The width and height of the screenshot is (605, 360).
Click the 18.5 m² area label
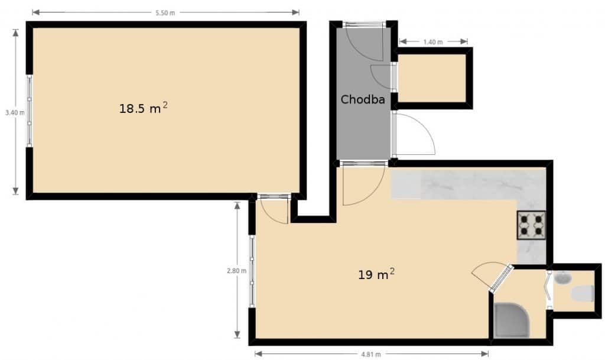coord(143,108)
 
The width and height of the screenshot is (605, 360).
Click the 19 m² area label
coord(376,274)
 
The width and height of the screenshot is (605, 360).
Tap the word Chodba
coord(363,99)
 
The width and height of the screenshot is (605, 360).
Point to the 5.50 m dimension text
coord(165,13)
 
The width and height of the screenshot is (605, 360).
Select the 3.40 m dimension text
coord(15,113)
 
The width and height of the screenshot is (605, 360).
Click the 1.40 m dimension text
coord(433,41)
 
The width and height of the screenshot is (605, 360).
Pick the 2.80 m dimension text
coord(236,271)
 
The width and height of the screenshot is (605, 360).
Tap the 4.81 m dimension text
coord(371,354)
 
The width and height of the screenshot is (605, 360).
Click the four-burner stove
coord(531,225)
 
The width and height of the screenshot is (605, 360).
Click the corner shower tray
coord(512,320)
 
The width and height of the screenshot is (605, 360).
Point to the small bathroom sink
coord(563,277)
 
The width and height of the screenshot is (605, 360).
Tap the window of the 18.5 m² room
coord(30,111)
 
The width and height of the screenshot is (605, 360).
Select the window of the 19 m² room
coord(252,271)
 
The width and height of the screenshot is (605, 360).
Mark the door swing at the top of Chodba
coord(363,41)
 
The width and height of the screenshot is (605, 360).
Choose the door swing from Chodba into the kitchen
coord(363,184)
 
